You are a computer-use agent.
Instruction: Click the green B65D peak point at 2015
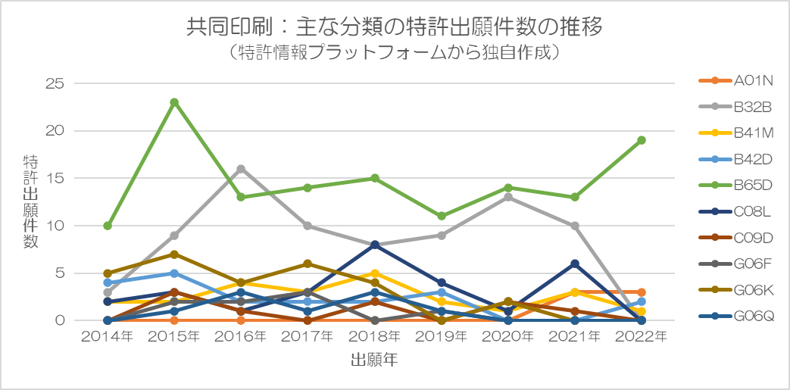174,102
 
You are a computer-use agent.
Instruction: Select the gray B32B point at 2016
241,169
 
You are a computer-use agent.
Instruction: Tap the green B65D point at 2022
641,140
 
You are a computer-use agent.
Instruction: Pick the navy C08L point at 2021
575,264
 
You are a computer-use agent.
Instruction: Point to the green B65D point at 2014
108,226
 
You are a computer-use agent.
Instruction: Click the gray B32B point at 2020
508,197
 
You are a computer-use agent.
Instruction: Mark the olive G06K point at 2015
174,254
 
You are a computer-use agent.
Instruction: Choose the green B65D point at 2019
442,216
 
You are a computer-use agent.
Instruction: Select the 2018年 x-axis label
375,336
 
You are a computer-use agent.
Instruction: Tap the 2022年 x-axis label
641,336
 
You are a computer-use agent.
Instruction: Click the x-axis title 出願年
374,360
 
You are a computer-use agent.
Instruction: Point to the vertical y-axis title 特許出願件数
31,201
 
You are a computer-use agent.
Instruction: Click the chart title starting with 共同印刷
395,28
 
